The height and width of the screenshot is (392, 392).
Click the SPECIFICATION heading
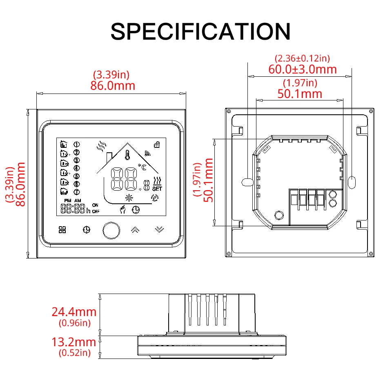200,31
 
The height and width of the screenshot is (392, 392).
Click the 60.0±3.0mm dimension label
302,69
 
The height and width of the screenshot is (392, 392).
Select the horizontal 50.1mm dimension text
300,94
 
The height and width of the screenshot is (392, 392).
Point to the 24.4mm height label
74,312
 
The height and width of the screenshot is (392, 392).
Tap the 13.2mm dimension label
74,342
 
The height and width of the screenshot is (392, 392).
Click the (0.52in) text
74,353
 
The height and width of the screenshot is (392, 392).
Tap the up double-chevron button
135,229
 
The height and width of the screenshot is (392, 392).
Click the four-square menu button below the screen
62,230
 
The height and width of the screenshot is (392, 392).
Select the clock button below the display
86,230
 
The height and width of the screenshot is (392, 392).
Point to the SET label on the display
157,189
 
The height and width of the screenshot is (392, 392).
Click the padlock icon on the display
156,144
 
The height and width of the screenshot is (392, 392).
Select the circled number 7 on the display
76,192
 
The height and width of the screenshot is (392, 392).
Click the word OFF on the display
96,212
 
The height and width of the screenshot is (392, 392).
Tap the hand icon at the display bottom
122,210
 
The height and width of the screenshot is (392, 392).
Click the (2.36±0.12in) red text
302,59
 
